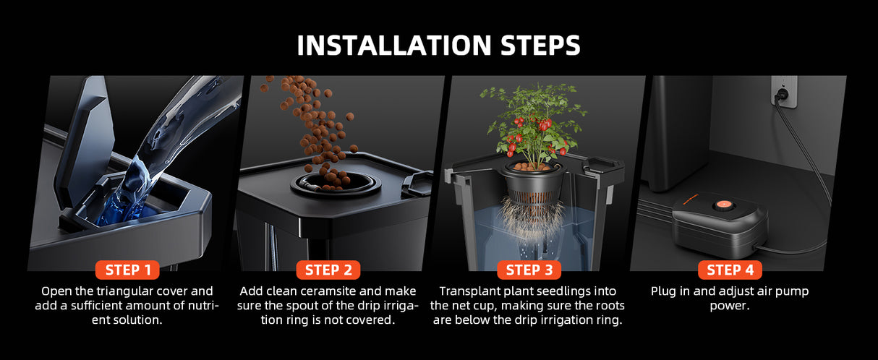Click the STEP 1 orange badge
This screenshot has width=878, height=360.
click(x=127, y=270)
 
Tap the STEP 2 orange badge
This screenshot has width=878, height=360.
click(x=328, y=270)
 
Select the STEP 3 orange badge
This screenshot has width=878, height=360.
click(x=529, y=270)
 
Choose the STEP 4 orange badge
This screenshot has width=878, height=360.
click(x=730, y=270)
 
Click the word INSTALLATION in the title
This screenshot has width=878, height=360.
click(x=394, y=46)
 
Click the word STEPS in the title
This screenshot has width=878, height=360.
click(x=540, y=46)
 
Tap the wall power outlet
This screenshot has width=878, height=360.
click(x=784, y=92)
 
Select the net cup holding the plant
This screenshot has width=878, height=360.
click(x=534, y=184)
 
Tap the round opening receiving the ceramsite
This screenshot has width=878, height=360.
click(x=336, y=184)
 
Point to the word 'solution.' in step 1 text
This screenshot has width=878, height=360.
click(x=137, y=320)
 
